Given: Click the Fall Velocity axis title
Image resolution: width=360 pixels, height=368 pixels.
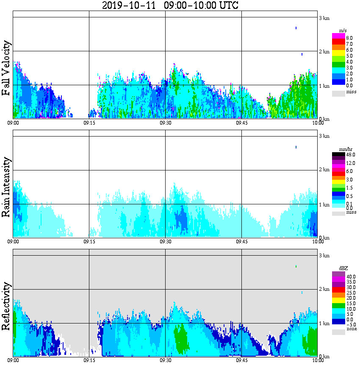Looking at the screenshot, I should point(7,68).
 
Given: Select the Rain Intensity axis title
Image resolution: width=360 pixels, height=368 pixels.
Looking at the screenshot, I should point(7,187).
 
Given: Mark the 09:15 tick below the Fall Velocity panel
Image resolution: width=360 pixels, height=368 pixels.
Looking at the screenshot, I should point(89,123).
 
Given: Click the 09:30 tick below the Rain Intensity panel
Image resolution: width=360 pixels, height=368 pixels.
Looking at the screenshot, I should point(165,242).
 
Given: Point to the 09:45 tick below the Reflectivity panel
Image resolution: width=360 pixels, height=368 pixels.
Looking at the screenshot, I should point(241,361).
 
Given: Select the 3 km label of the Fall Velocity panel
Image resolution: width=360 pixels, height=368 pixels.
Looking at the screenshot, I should point(324,18).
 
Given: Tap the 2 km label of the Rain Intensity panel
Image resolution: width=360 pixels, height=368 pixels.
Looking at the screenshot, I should point(324,170).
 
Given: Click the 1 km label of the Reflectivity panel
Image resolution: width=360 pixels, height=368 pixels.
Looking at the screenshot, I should point(324,323).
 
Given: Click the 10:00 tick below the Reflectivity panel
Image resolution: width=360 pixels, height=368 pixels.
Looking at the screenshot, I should point(318,361).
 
